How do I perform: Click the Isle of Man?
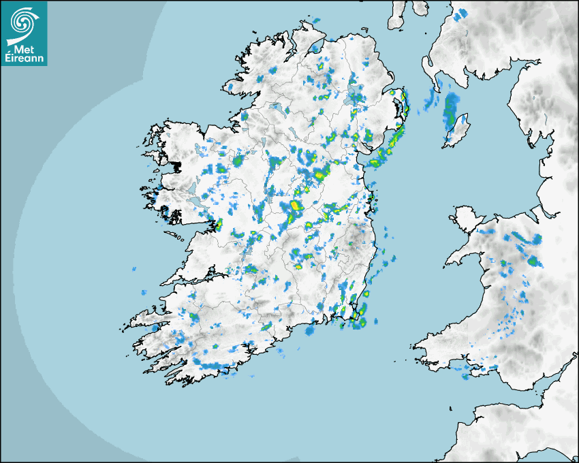[x=456, y=131]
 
